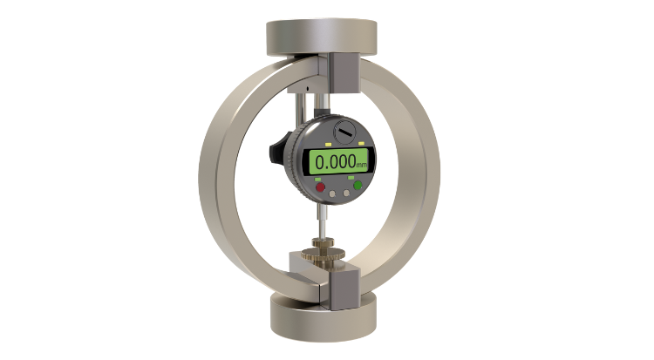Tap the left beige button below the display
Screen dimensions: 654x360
point(332,194)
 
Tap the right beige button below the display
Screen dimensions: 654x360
point(346,193)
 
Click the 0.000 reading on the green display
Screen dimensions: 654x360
point(336,162)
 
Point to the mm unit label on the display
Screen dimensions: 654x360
point(362,166)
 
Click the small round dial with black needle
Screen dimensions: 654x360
point(345,132)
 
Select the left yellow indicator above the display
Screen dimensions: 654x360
point(328,145)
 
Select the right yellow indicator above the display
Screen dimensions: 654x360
point(361,144)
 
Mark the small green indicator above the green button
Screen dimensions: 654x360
point(351,178)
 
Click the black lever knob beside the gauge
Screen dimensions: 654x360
point(279,148)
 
